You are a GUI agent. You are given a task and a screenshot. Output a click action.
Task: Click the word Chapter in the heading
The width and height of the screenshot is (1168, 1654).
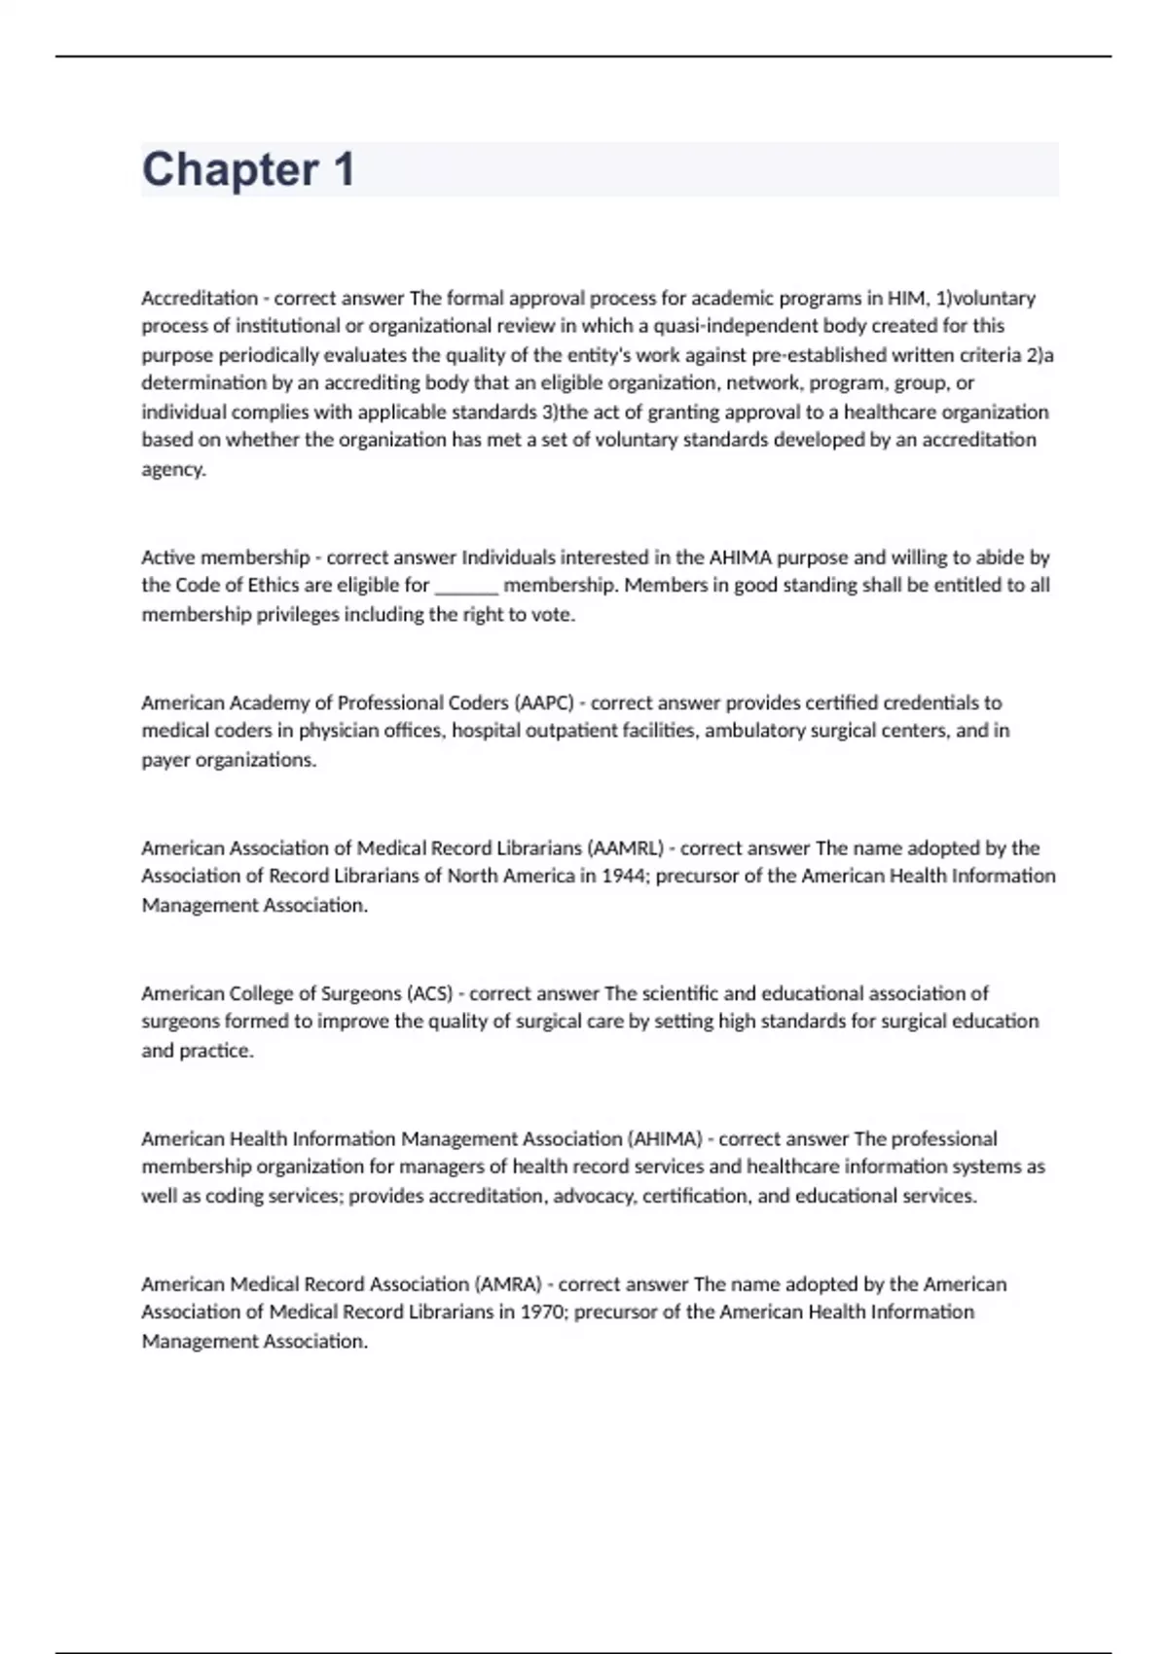tap(230, 170)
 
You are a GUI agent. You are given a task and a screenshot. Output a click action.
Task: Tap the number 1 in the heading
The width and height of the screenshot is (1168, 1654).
tap(343, 170)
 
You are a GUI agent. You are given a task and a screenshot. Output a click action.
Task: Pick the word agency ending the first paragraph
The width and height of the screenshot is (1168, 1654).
tap(173, 469)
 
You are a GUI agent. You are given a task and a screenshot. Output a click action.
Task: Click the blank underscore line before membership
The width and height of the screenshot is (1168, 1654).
tap(466, 586)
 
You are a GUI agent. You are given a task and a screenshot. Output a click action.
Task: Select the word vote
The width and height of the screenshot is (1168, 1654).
tap(552, 615)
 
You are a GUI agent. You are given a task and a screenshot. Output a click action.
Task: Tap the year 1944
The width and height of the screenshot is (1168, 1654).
tap(624, 877)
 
